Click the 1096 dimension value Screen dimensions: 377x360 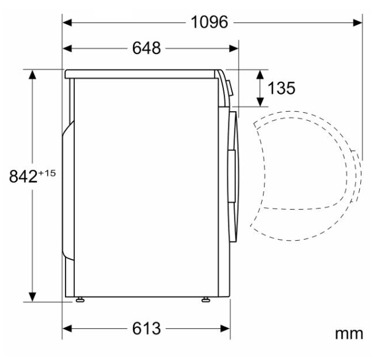209,22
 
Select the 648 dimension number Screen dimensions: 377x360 146,48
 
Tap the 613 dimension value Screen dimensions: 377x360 146,328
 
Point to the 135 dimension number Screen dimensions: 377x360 281,88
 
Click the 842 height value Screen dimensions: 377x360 24,176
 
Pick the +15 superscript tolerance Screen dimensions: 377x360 47,173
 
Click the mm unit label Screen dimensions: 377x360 349,334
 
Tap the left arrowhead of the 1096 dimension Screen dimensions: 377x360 67,23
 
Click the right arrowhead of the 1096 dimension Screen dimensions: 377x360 357,23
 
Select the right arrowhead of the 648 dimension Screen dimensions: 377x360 234,48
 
